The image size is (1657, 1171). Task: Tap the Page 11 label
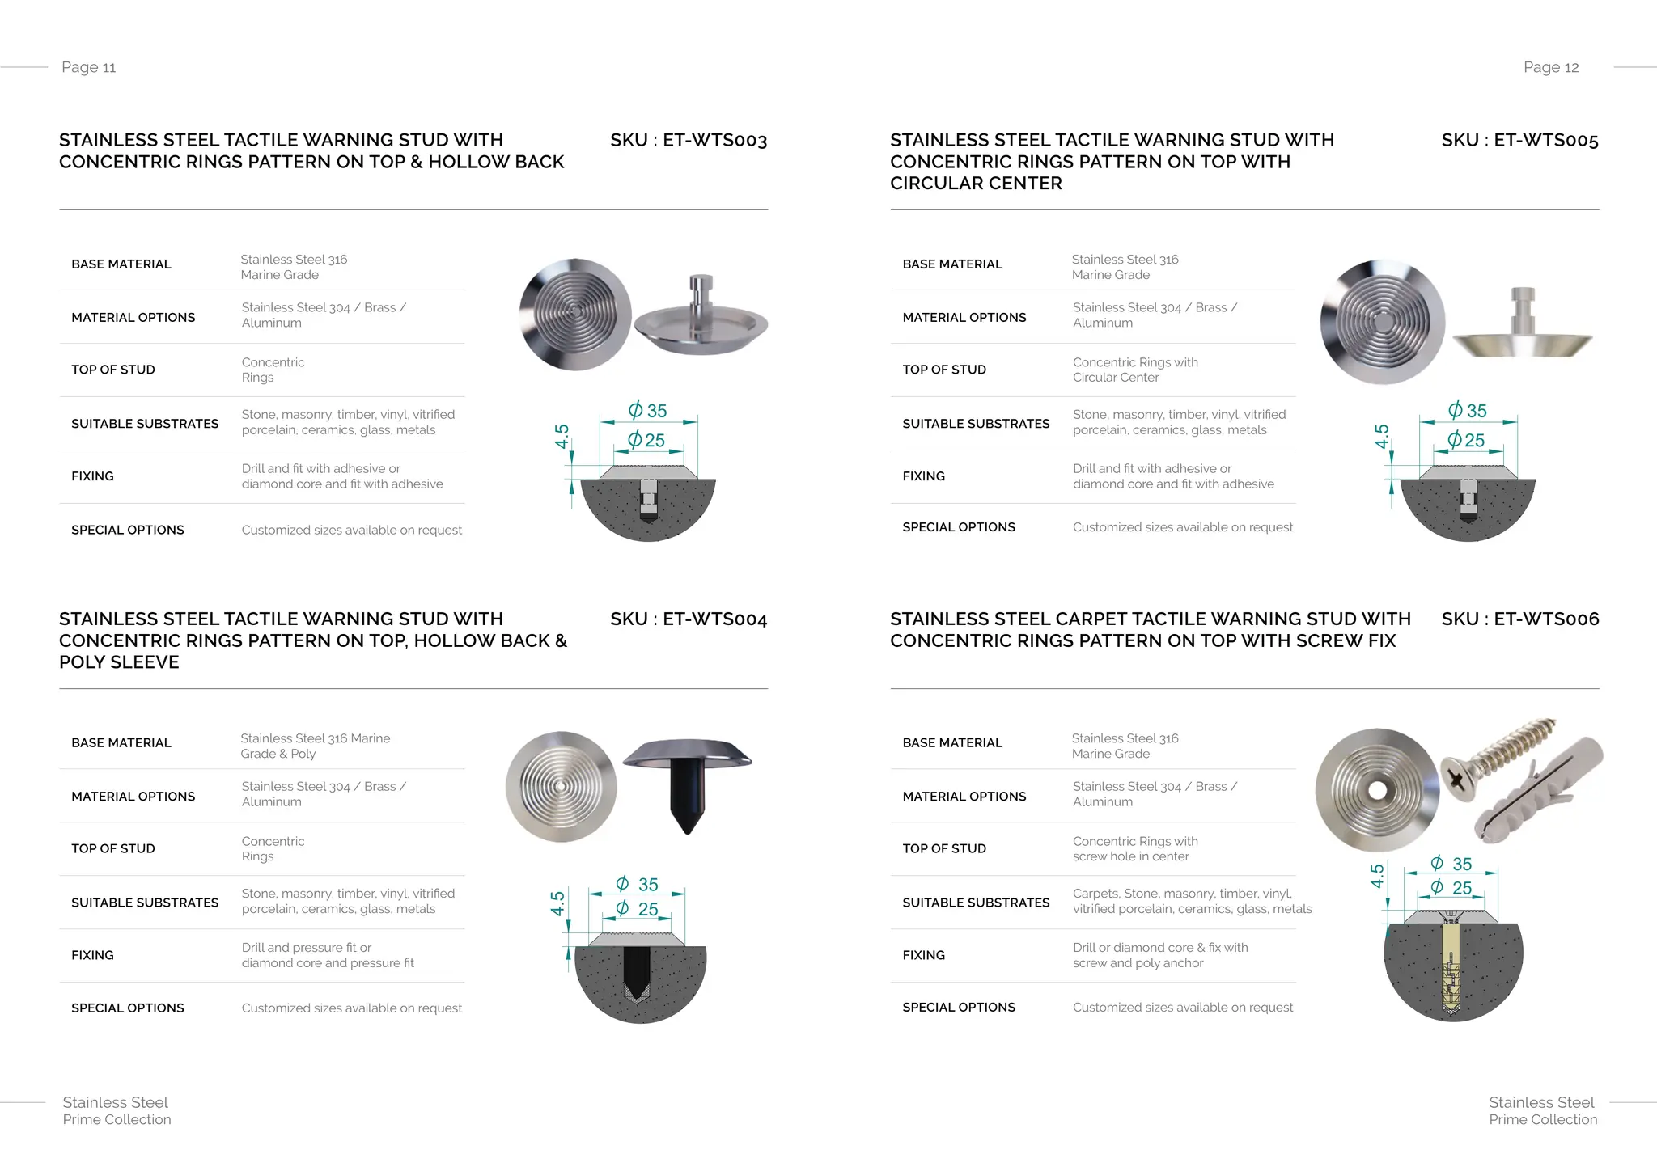tap(89, 67)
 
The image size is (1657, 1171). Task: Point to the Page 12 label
tap(1551, 67)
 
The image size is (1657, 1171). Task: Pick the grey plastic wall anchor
tap(1537, 788)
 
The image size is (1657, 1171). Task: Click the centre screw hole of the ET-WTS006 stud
tap(1378, 789)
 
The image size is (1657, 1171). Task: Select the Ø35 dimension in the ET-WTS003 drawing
tap(648, 411)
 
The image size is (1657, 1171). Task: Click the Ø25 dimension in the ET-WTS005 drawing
tap(1467, 440)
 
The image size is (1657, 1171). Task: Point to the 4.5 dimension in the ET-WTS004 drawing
tap(557, 903)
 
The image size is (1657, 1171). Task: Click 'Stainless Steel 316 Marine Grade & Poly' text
tap(316, 746)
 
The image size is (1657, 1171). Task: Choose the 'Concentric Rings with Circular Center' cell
tap(1135, 370)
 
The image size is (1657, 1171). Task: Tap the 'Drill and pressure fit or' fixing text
tap(307, 947)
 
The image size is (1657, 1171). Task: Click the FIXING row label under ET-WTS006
tap(924, 955)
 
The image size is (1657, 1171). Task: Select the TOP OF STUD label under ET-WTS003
tap(113, 370)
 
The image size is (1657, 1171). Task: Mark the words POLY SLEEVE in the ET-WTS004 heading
tap(119, 662)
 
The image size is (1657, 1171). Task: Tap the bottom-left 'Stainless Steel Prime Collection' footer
tap(117, 1110)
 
